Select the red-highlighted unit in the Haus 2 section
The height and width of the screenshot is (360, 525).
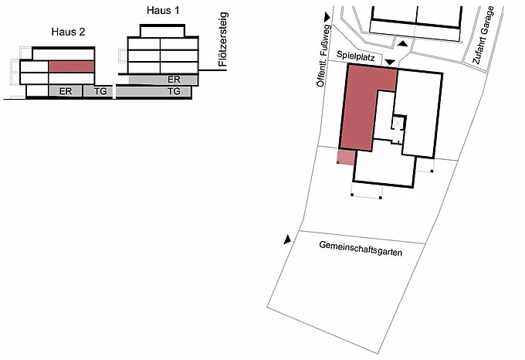click(x=71, y=66)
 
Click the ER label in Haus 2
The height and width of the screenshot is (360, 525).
click(x=66, y=91)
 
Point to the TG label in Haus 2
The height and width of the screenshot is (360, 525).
click(x=100, y=91)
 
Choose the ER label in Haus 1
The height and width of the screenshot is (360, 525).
click(x=174, y=79)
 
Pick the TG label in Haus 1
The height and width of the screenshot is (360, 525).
click(x=174, y=91)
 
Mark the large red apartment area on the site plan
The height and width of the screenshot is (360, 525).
click(x=357, y=108)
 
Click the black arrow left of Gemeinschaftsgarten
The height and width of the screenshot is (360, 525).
click(x=288, y=240)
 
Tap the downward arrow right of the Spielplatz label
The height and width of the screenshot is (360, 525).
click(x=391, y=60)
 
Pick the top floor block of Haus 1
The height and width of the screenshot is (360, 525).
click(x=163, y=30)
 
